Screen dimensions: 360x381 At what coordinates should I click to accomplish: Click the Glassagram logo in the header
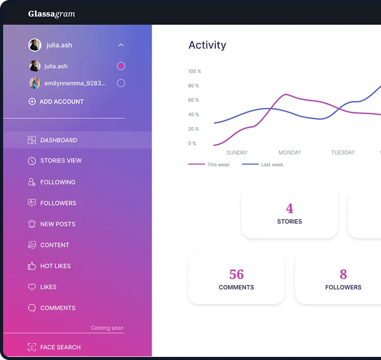(51, 14)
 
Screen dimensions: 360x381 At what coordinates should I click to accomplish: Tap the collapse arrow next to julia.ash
(121, 45)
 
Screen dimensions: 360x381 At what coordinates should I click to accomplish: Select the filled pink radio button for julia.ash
(121, 66)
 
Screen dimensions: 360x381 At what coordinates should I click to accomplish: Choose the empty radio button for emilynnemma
(121, 83)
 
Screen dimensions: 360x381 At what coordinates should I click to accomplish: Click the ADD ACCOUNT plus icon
(32, 102)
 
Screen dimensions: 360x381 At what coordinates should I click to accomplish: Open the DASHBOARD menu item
(59, 140)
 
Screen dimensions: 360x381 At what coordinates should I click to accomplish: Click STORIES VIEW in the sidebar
(61, 161)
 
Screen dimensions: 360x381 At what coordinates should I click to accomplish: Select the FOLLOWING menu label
(58, 182)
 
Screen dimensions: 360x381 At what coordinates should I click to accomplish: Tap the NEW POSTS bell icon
(32, 224)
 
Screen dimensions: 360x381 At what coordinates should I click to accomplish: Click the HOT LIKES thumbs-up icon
(32, 266)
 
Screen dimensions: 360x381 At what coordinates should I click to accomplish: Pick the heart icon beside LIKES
(32, 287)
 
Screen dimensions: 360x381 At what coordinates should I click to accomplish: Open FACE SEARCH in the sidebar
(60, 347)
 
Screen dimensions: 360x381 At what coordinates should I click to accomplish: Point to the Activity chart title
(207, 45)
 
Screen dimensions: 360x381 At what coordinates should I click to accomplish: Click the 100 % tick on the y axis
(194, 71)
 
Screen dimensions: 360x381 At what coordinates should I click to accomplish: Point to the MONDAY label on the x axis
(290, 153)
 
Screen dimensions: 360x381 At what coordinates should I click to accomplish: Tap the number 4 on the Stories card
(289, 209)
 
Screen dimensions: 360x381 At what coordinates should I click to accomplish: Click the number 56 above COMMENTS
(236, 274)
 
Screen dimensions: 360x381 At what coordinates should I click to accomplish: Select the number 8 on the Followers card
(343, 274)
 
